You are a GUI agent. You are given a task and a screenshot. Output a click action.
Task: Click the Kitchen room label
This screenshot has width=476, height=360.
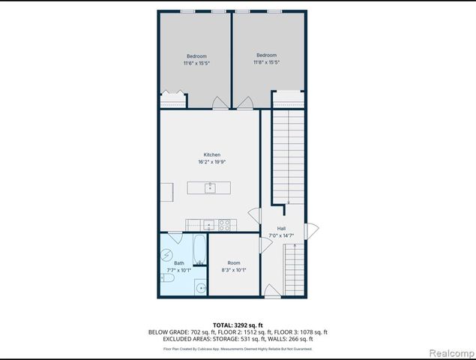click(x=212, y=154)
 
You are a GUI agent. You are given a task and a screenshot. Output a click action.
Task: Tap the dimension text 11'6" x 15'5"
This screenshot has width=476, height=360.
click(x=196, y=63)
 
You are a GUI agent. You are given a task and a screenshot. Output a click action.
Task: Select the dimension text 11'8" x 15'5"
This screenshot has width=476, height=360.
click(x=266, y=62)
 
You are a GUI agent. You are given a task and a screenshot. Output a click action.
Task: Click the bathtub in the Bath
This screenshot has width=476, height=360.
click(x=199, y=249)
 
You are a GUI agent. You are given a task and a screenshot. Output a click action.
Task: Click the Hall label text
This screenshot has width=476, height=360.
click(x=281, y=228)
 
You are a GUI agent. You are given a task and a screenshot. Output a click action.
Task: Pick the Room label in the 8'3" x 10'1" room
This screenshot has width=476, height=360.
click(x=234, y=262)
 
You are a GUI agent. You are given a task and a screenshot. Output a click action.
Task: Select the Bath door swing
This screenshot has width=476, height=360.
click(x=175, y=236)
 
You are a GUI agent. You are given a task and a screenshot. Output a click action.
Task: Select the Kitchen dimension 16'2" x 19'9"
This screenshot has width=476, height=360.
click(x=212, y=161)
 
